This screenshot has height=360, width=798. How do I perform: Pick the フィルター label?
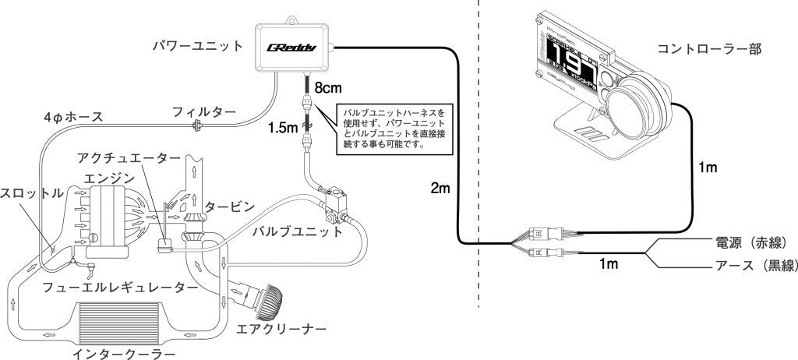coord(204,111)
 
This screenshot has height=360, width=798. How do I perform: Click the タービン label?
coord(230,206)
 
